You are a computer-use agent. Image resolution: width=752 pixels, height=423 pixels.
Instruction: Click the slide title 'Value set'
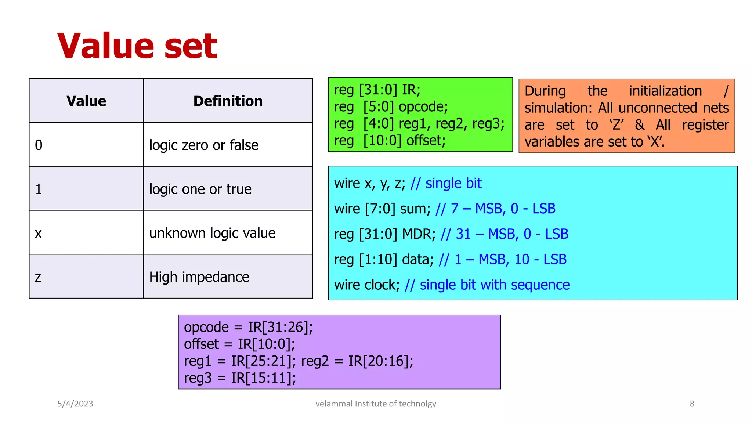click(x=137, y=46)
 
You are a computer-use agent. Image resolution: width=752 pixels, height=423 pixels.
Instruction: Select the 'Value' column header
click(x=86, y=101)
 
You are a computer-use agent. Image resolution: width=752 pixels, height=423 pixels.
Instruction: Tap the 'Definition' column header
click(x=228, y=101)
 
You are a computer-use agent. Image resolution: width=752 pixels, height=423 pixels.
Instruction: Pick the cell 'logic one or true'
click(x=200, y=189)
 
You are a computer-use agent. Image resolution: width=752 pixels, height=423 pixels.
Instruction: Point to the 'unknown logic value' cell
click(x=212, y=233)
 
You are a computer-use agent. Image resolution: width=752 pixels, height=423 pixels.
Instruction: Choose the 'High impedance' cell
click(x=199, y=277)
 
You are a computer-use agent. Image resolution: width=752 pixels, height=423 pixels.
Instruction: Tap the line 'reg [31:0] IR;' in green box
click(x=377, y=90)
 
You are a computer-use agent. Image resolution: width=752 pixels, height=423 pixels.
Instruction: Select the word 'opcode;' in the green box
click(x=423, y=107)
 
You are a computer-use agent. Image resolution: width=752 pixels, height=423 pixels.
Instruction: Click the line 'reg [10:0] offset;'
click(x=390, y=141)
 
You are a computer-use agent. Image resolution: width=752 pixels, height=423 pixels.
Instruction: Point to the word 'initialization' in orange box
click(x=665, y=91)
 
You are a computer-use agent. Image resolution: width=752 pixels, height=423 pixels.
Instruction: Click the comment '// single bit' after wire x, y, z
click(x=446, y=183)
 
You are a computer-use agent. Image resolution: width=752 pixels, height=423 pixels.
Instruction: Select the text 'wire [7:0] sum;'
click(x=382, y=209)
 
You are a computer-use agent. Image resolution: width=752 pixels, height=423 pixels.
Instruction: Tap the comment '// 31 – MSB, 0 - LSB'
click(x=504, y=234)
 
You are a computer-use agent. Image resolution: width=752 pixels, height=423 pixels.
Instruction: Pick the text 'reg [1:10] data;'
click(x=384, y=259)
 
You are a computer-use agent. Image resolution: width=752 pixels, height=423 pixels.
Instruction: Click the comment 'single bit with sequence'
click(x=494, y=285)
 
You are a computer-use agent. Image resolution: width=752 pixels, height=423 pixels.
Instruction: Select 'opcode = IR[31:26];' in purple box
click(x=248, y=327)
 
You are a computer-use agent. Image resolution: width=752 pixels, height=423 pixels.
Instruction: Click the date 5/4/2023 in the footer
click(x=75, y=404)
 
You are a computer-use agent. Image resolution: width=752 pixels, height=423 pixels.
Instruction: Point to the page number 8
click(x=692, y=404)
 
